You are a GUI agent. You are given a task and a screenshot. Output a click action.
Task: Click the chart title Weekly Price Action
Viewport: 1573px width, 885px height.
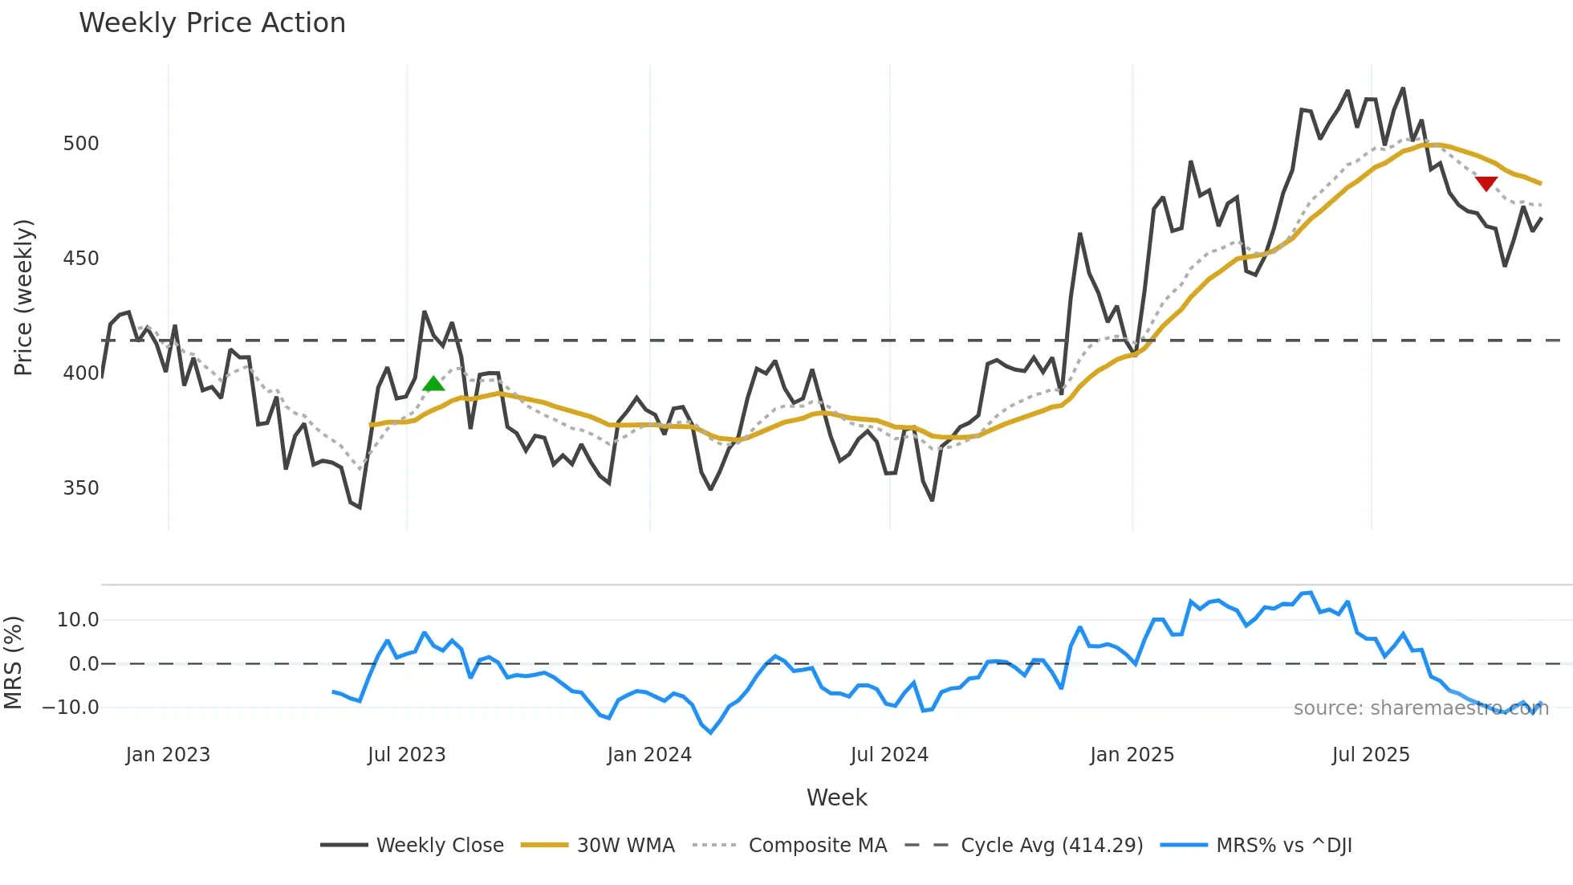[212, 23]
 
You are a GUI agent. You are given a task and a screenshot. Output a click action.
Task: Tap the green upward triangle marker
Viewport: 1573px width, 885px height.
[433, 384]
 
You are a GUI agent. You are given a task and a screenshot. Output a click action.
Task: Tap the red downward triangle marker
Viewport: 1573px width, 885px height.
[1486, 184]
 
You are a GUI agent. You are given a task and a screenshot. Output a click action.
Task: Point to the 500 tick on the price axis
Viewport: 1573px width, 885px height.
[81, 144]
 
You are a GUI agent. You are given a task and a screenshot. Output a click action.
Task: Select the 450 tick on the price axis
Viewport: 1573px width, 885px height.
[81, 259]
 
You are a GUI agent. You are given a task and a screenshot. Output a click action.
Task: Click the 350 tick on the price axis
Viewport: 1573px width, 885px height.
[81, 488]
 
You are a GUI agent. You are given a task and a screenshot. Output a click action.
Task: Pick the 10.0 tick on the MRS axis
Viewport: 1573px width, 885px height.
[78, 620]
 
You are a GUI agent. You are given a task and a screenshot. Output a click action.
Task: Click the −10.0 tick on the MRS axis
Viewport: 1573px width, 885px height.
[71, 708]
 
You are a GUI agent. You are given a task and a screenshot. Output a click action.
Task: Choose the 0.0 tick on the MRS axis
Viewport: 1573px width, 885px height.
[83, 664]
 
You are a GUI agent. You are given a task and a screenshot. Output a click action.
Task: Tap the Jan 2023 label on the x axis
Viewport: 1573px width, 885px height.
[168, 755]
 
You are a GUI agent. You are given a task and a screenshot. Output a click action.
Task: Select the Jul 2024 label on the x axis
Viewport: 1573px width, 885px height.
[889, 755]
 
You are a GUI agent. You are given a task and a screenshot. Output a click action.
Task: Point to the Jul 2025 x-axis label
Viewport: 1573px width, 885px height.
[1371, 755]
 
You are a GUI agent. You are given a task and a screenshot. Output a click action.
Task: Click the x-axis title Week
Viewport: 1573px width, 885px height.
[836, 797]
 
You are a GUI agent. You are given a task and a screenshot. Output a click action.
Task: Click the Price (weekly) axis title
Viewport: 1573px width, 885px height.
[23, 297]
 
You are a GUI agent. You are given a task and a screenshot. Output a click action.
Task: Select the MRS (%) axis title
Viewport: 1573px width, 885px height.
[13, 663]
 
